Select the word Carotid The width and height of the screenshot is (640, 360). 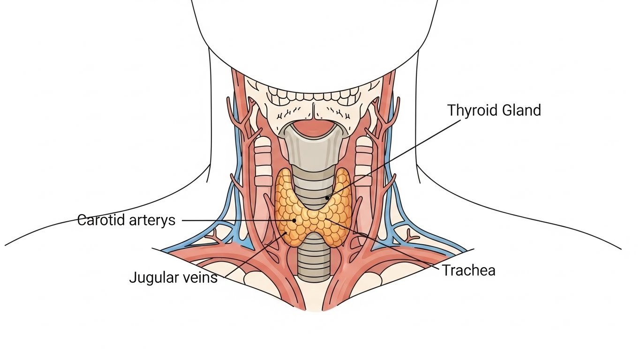click(x=102, y=220)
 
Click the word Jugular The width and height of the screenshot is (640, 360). click(x=152, y=277)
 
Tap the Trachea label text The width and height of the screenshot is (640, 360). click(x=469, y=270)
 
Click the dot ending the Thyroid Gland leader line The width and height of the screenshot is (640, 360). click(x=327, y=198)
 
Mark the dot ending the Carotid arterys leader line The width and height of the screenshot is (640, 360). click(x=294, y=220)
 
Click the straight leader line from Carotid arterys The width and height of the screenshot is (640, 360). click(x=234, y=220)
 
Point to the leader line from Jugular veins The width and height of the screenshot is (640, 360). click(x=253, y=256)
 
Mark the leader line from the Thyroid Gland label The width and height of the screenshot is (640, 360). click(x=394, y=157)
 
